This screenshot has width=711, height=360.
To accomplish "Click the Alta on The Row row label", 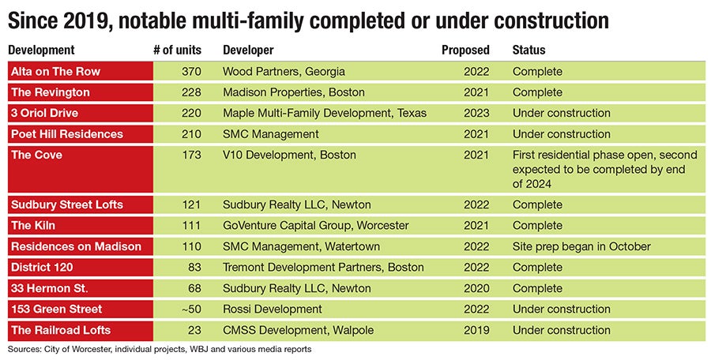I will [55, 72].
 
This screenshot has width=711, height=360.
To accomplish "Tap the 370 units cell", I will [190, 72].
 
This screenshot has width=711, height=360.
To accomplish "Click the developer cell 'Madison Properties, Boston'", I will [294, 92].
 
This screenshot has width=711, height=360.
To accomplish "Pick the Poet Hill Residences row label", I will [66, 134].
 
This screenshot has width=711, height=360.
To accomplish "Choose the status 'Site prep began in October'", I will [581, 246].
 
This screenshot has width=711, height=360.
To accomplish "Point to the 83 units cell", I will [194, 268].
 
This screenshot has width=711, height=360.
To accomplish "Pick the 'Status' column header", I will [529, 51].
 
